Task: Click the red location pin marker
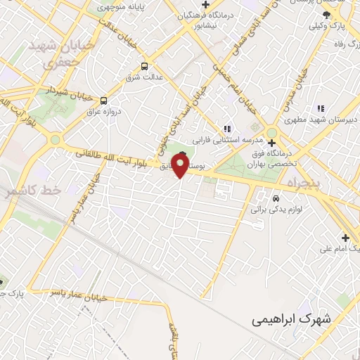180,166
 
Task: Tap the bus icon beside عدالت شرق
144,67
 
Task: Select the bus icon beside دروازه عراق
103,101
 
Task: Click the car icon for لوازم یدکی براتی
255,210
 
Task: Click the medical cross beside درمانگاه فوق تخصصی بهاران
271,143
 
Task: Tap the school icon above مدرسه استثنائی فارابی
226,129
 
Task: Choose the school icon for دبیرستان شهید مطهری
321,108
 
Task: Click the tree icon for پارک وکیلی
326,14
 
